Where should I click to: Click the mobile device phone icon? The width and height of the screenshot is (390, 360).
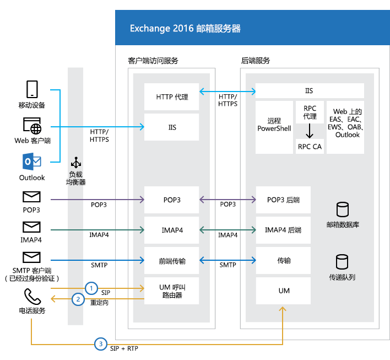[x=31, y=90]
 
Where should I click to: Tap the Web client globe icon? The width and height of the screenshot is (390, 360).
[x=31, y=126]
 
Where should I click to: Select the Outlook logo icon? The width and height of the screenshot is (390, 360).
[x=31, y=162]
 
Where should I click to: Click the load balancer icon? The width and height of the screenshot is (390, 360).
[x=76, y=164]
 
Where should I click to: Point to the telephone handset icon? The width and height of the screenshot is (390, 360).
[x=31, y=297]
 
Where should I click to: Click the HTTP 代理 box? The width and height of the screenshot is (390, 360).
[x=172, y=97]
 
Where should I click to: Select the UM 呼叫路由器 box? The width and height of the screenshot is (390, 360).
[x=172, y=291]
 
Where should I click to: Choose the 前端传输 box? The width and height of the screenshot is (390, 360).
[x=172, y=261]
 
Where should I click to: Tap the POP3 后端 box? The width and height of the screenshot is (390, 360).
[x=283, y=200]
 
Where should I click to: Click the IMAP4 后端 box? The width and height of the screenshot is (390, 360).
[x=283, y=230]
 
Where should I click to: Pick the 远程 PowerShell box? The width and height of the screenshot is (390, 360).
[x=274, y=124]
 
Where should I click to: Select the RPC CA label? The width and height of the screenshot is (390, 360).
[x=310, y=147]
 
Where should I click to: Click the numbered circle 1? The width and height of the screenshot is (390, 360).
[x=92, y=288]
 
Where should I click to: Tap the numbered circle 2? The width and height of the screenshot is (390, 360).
[x=78, y=299]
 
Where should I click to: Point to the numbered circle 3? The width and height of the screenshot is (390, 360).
[x=100, y=343]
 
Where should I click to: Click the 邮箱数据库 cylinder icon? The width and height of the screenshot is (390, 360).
[x=343, y=209]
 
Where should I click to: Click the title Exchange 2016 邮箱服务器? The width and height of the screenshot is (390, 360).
[x=185, y=29]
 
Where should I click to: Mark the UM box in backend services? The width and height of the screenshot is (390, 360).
[x=283, y=291]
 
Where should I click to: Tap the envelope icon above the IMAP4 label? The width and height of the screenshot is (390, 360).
[x=31, y=227]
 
